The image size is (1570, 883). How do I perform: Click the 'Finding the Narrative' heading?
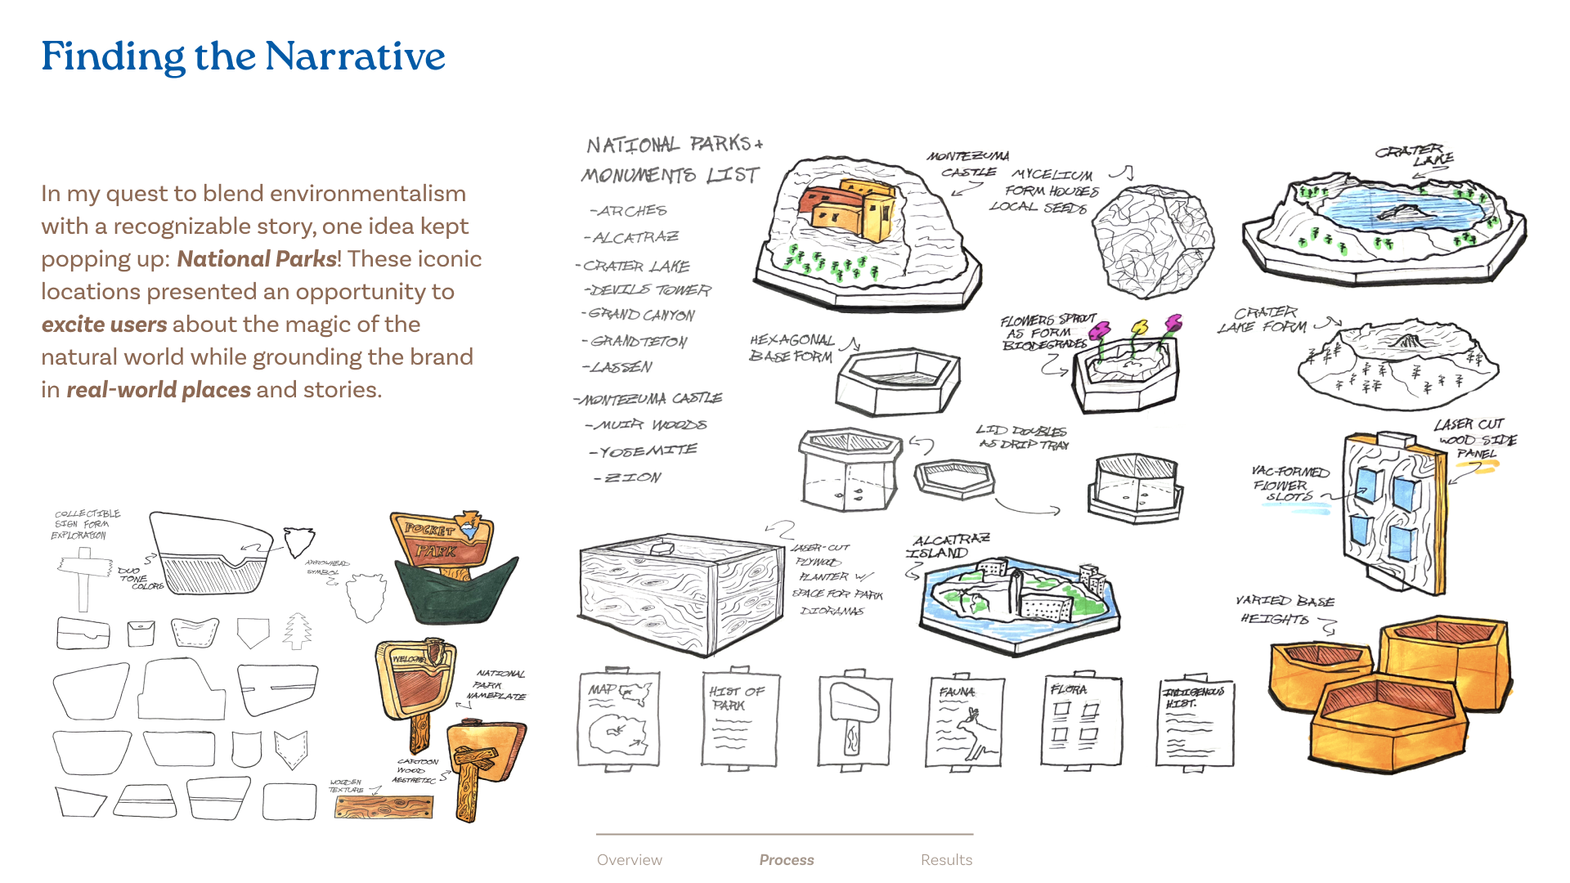click(x=243, y=56)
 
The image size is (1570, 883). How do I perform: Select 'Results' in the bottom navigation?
click(x=946, y=859)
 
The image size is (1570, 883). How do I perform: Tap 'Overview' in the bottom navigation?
click(x=629, y=859)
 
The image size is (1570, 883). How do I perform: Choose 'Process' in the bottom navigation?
click(x=786, y=859)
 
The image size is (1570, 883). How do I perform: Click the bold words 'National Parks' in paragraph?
click(x=257, y=259)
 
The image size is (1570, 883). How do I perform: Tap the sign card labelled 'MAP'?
click(x=618, y=719)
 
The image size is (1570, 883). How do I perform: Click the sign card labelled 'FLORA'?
click(x=1081, y=719)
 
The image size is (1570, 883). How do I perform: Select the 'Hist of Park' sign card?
click(x=739, y=719)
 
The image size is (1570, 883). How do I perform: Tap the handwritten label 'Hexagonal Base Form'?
click(x=792, y=348)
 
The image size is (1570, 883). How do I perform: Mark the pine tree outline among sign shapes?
click(x=298, y=631)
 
